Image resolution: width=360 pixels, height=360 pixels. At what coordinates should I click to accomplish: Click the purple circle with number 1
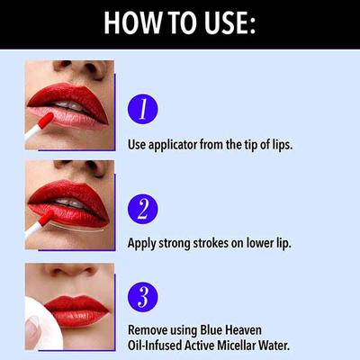coord(143,109)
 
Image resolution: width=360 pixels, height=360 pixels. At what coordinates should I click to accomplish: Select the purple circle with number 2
coord(143,209)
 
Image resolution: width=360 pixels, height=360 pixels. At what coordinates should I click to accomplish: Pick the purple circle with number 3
coord(143,296)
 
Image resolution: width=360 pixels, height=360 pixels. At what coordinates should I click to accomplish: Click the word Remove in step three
coord(148,329)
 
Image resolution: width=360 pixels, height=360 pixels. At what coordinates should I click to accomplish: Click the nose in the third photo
coord(67,274)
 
